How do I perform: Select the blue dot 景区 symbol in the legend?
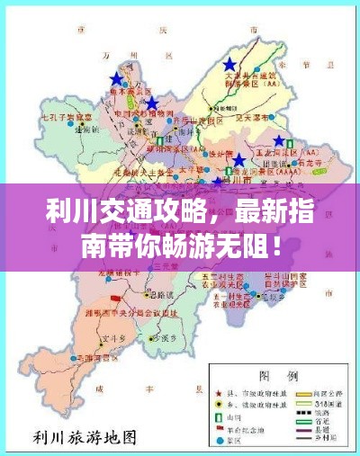(x=220, y=442)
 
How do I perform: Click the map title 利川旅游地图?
(x=85, y=439)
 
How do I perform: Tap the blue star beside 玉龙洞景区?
(x=280, y=141)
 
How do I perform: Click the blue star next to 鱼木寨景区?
(x=115, y=79)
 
